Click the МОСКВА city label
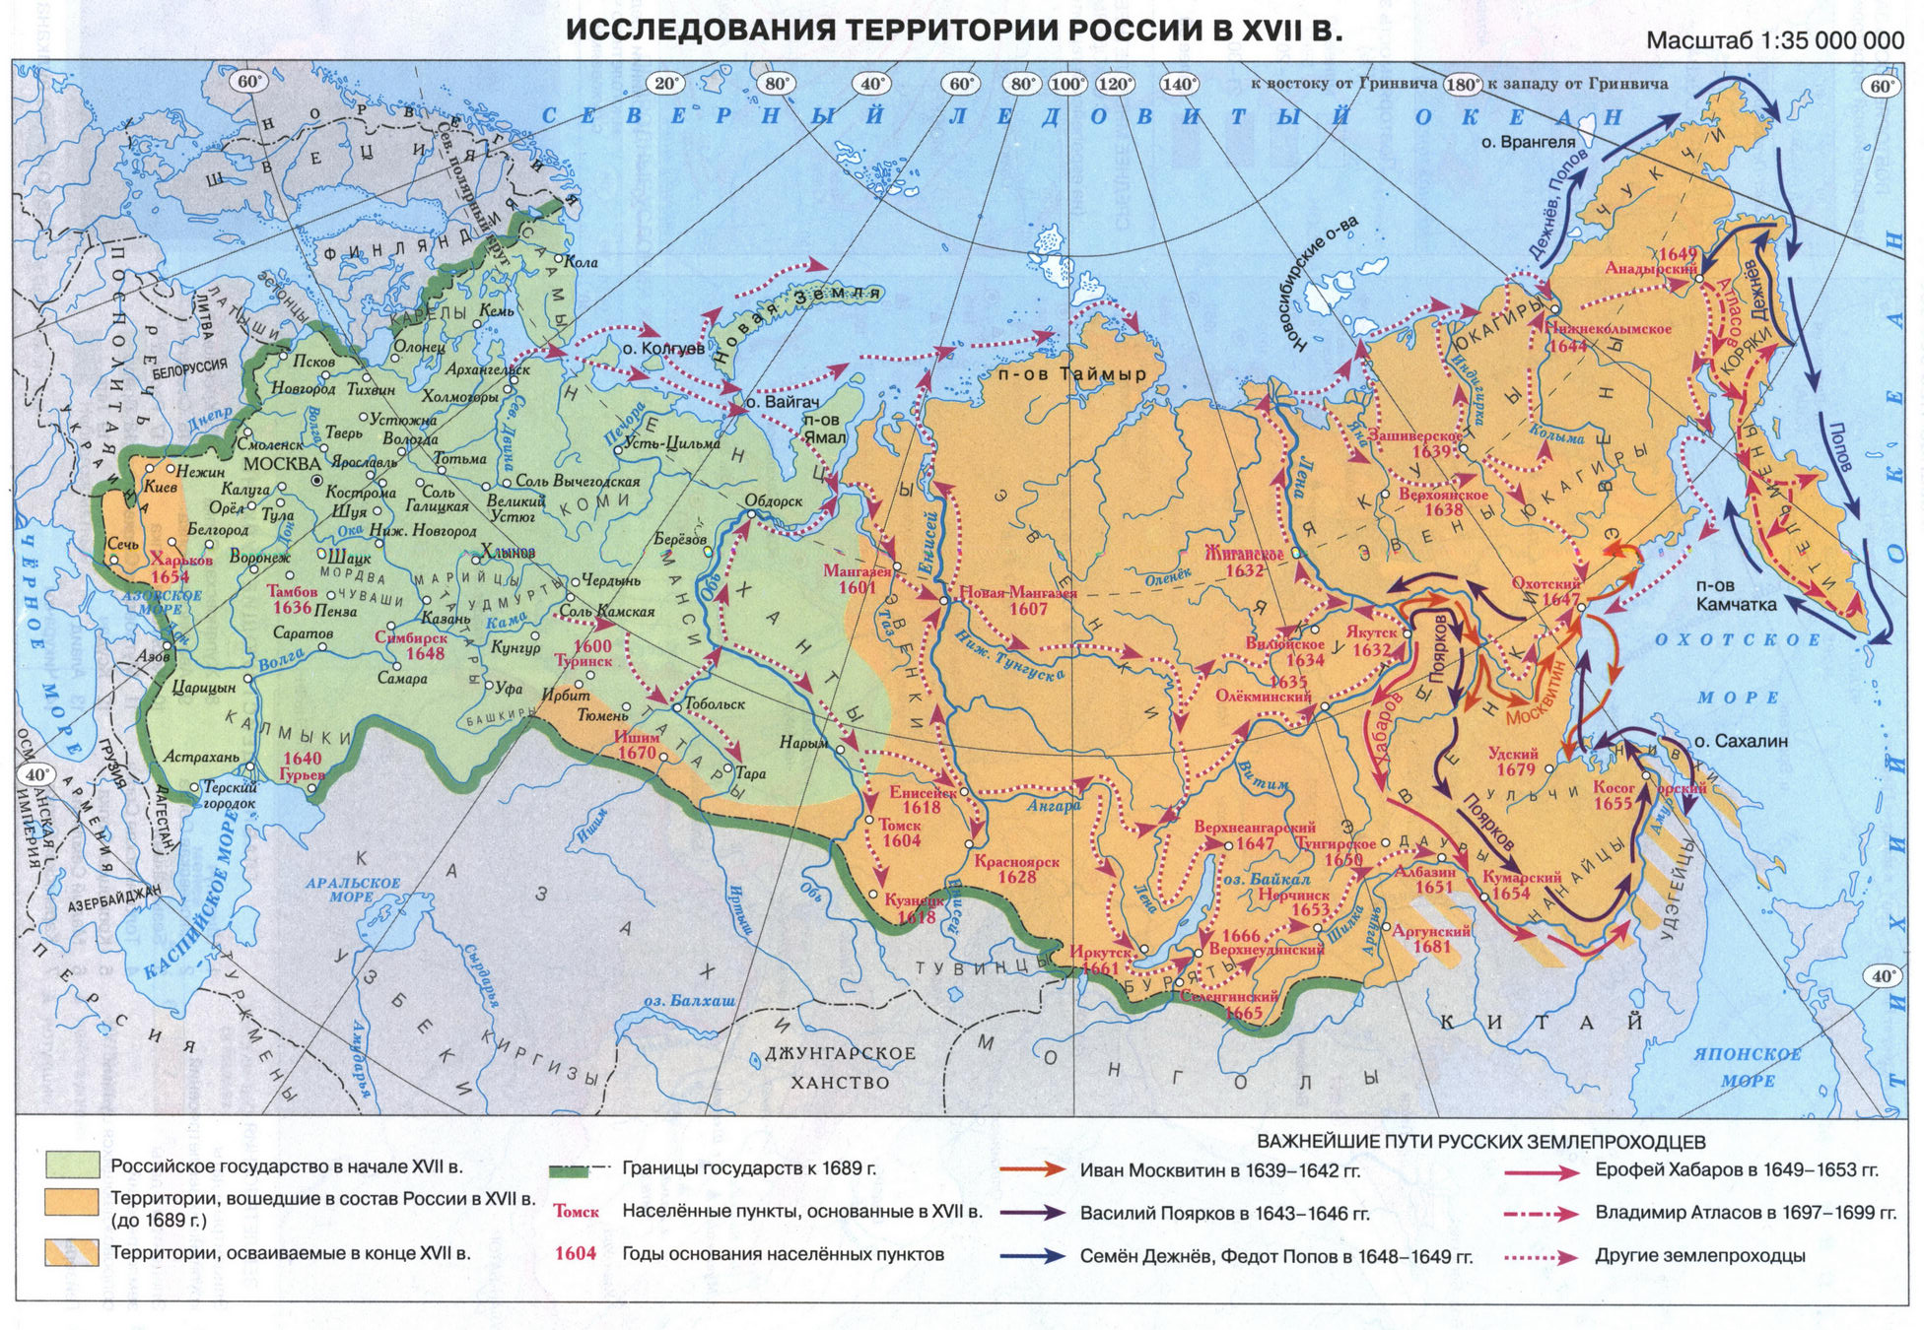tap(282, 464)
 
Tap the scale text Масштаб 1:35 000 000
tap(1775, 40)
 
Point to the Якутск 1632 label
tap(1371, 641)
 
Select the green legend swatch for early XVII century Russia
tap(72, 1165)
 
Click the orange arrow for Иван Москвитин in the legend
tap(1032, 1170)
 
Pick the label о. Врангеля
tap(1528, 142)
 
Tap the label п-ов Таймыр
tap(1072, 374)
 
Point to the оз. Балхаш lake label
tap(689, 1001)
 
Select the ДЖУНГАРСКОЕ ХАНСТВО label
tap(841, 1067)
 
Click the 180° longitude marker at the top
tap(1462, 85)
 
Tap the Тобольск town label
tap(715, 704)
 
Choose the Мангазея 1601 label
tap(858, 579)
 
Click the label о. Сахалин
tap(1741, 741)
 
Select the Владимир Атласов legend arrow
tap(1542, 1214)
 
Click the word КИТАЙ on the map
tap(1543, 1023)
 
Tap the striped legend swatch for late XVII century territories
tap(72, 1252)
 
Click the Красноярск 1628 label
tap(1016, 869)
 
